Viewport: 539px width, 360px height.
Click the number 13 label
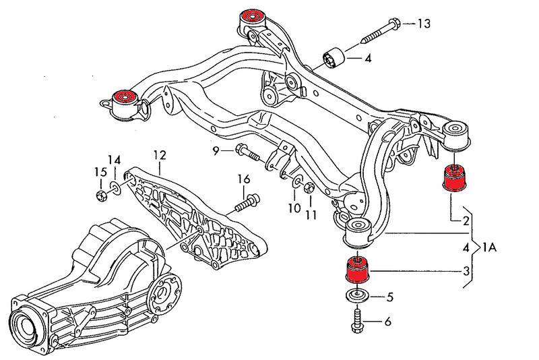[423, 24]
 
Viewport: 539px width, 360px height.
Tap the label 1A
[489, 247]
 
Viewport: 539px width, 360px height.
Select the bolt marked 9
[247, 152]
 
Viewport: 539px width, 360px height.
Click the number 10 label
[294, 208]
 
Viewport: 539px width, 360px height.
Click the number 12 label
[159, 155]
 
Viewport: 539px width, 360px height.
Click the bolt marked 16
[249, 201]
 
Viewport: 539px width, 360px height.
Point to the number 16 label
[243, 179]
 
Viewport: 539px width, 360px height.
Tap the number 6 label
[387, 322]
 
